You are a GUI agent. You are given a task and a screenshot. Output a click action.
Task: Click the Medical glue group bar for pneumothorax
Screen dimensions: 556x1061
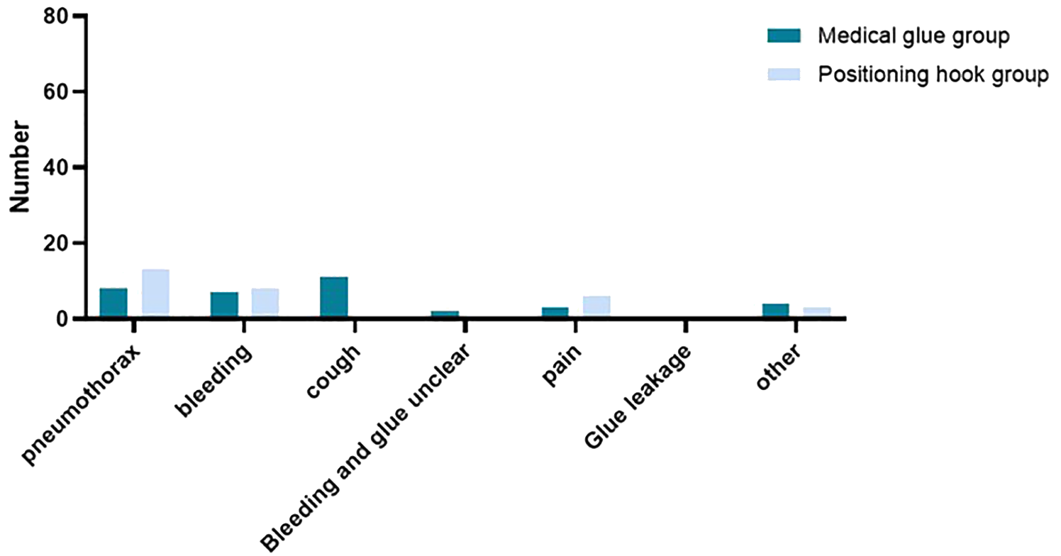[x=113, y=303]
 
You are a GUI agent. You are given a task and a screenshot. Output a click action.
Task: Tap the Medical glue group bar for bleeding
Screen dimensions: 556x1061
[x=224, y=305]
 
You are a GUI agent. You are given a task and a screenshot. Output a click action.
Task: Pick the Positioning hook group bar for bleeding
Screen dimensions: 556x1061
[x=265, y=303]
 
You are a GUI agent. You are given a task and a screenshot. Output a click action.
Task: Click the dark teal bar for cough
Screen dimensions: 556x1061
[x=334, y=297]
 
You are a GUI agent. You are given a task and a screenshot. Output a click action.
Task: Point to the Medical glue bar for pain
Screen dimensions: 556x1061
[x=555, y=313]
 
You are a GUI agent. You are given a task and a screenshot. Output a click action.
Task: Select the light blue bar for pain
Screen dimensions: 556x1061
[x=596, y=306]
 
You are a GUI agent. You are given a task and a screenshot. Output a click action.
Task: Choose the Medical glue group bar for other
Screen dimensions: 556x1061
[x=776, y=311]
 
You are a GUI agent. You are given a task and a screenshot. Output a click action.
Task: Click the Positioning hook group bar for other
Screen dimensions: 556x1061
[x=817, y=313]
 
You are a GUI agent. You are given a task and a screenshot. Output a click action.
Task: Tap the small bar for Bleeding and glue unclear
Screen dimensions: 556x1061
[x=445, y=314]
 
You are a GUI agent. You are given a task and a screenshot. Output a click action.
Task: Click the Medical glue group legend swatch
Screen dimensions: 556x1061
[x=782, y=35]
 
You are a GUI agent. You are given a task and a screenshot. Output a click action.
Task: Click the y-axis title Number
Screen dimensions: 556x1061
[x=21, y=167]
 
